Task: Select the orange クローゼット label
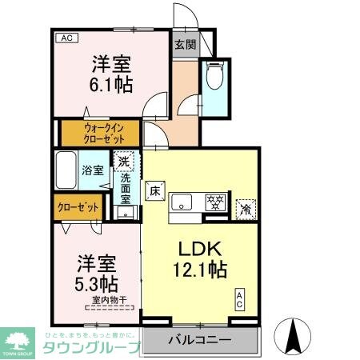(78, 207)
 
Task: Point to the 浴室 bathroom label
(93, 170)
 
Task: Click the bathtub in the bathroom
(66, 170)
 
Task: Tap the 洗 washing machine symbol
(123, 162)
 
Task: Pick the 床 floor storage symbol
(154, 192)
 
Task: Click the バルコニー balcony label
(199, 340)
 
